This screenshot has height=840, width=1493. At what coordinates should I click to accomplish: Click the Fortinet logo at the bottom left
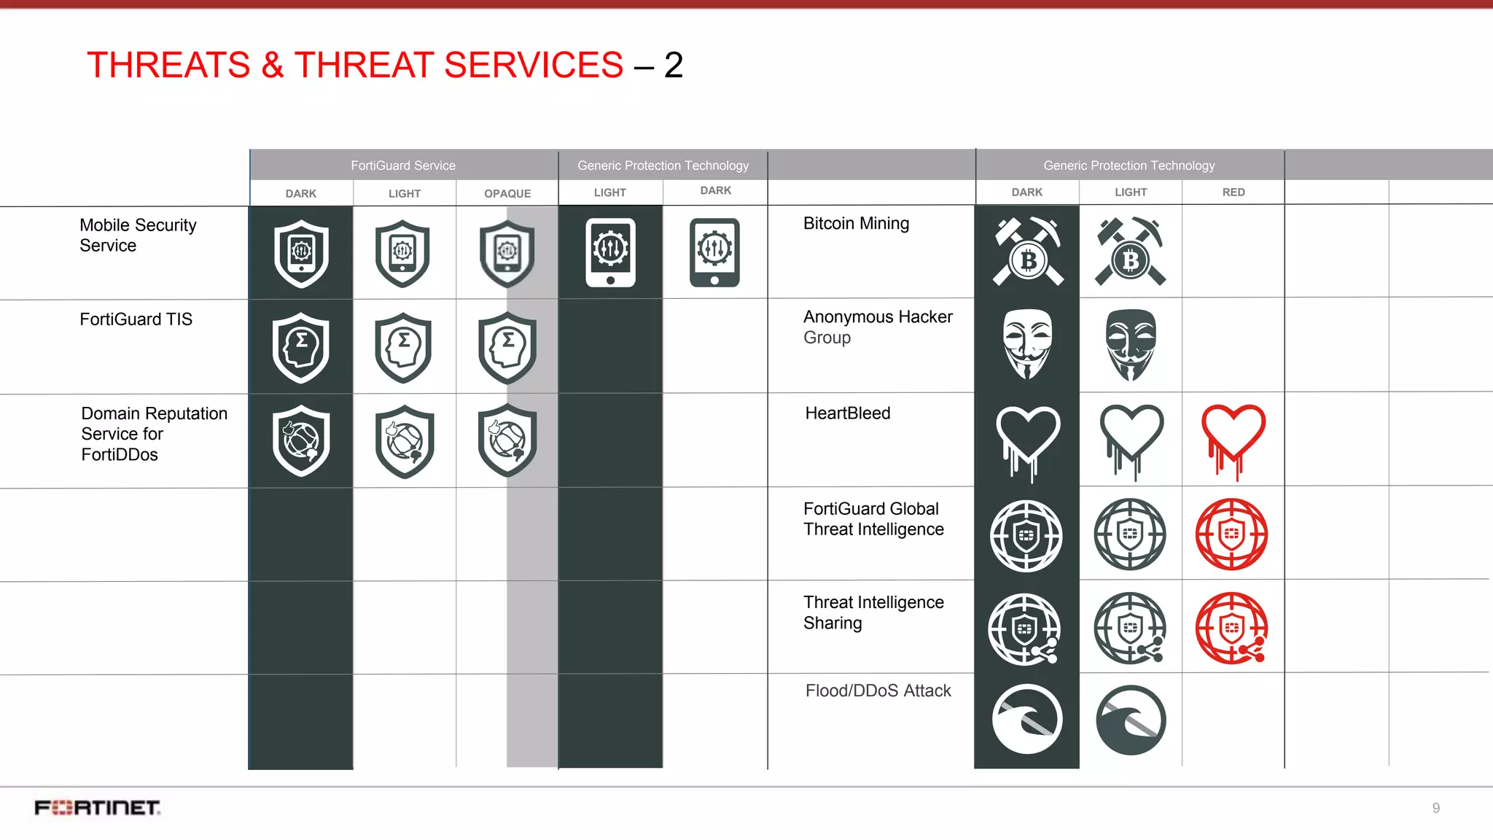[x=98, y=807]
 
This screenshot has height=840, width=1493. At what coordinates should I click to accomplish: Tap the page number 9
[x=1435, y=808]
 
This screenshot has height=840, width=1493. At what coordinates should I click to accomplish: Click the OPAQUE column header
[x=507, y=193]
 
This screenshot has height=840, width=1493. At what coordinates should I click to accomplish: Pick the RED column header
[x=1233, y=192]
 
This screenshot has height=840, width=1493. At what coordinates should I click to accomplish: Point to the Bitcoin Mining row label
[x=856, y=223]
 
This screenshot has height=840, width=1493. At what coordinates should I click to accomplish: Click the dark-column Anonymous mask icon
[x=1026, y=343]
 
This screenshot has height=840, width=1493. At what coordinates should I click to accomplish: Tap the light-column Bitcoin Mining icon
[x=1130, y=252]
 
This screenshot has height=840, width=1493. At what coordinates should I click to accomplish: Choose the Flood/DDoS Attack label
[x=878, y=691]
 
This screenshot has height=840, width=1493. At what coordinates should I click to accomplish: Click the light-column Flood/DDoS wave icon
[x=1130, y=720]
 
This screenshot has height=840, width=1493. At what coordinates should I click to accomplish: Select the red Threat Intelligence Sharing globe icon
[x=1232, y=628]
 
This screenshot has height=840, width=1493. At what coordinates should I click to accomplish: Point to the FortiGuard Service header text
[x=403, y=166]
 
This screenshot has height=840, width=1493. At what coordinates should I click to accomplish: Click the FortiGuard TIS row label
[x=136, y=319]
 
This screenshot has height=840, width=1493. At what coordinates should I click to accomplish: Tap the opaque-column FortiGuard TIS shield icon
[x=507, y=348]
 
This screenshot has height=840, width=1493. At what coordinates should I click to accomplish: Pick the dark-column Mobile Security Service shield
[x=301, y=254]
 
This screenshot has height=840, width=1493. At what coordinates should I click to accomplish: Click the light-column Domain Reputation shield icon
[x=405, y=441]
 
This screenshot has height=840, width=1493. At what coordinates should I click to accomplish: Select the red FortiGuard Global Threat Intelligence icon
[x=1232, y=534]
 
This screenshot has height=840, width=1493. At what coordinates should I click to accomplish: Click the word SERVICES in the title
[x=534, y=65]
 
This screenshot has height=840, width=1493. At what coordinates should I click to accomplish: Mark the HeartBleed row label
[x=847, y=413]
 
